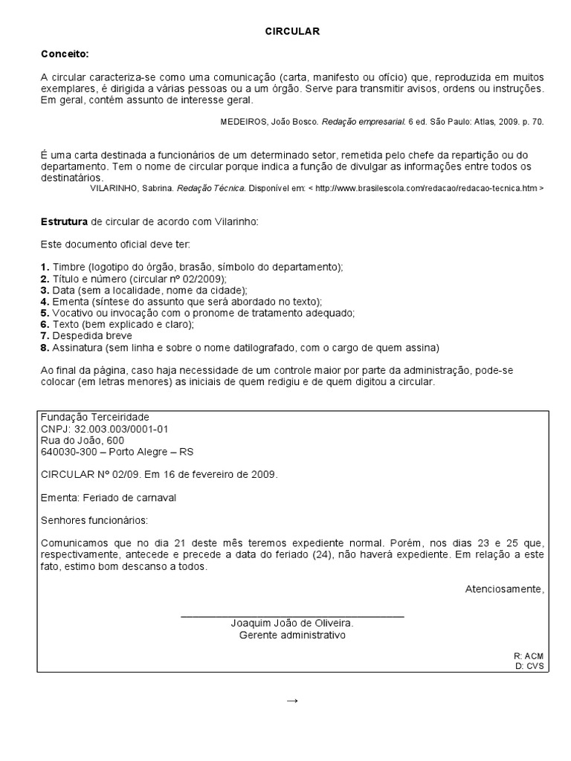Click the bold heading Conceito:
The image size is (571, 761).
pyautogui.click(x=65, y=54)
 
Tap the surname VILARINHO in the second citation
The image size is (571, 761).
pyautogui.click(x=119, y=189)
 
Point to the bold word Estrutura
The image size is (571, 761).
pyautogui.click(x=64, y=222)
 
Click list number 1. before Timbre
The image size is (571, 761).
pyautogui.click(x=45, y=267)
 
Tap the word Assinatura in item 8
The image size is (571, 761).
pyautogui.click(x=76, y=348)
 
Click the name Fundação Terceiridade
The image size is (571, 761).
pyautogui.click(x=95, y=418)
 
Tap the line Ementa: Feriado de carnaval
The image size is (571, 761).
pyautogui.click(x=109, y=497)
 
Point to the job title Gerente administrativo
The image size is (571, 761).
pyautogui.click(x=293, y=635)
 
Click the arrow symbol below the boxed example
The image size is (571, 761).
pyautogui.click(x=292, y=700)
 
